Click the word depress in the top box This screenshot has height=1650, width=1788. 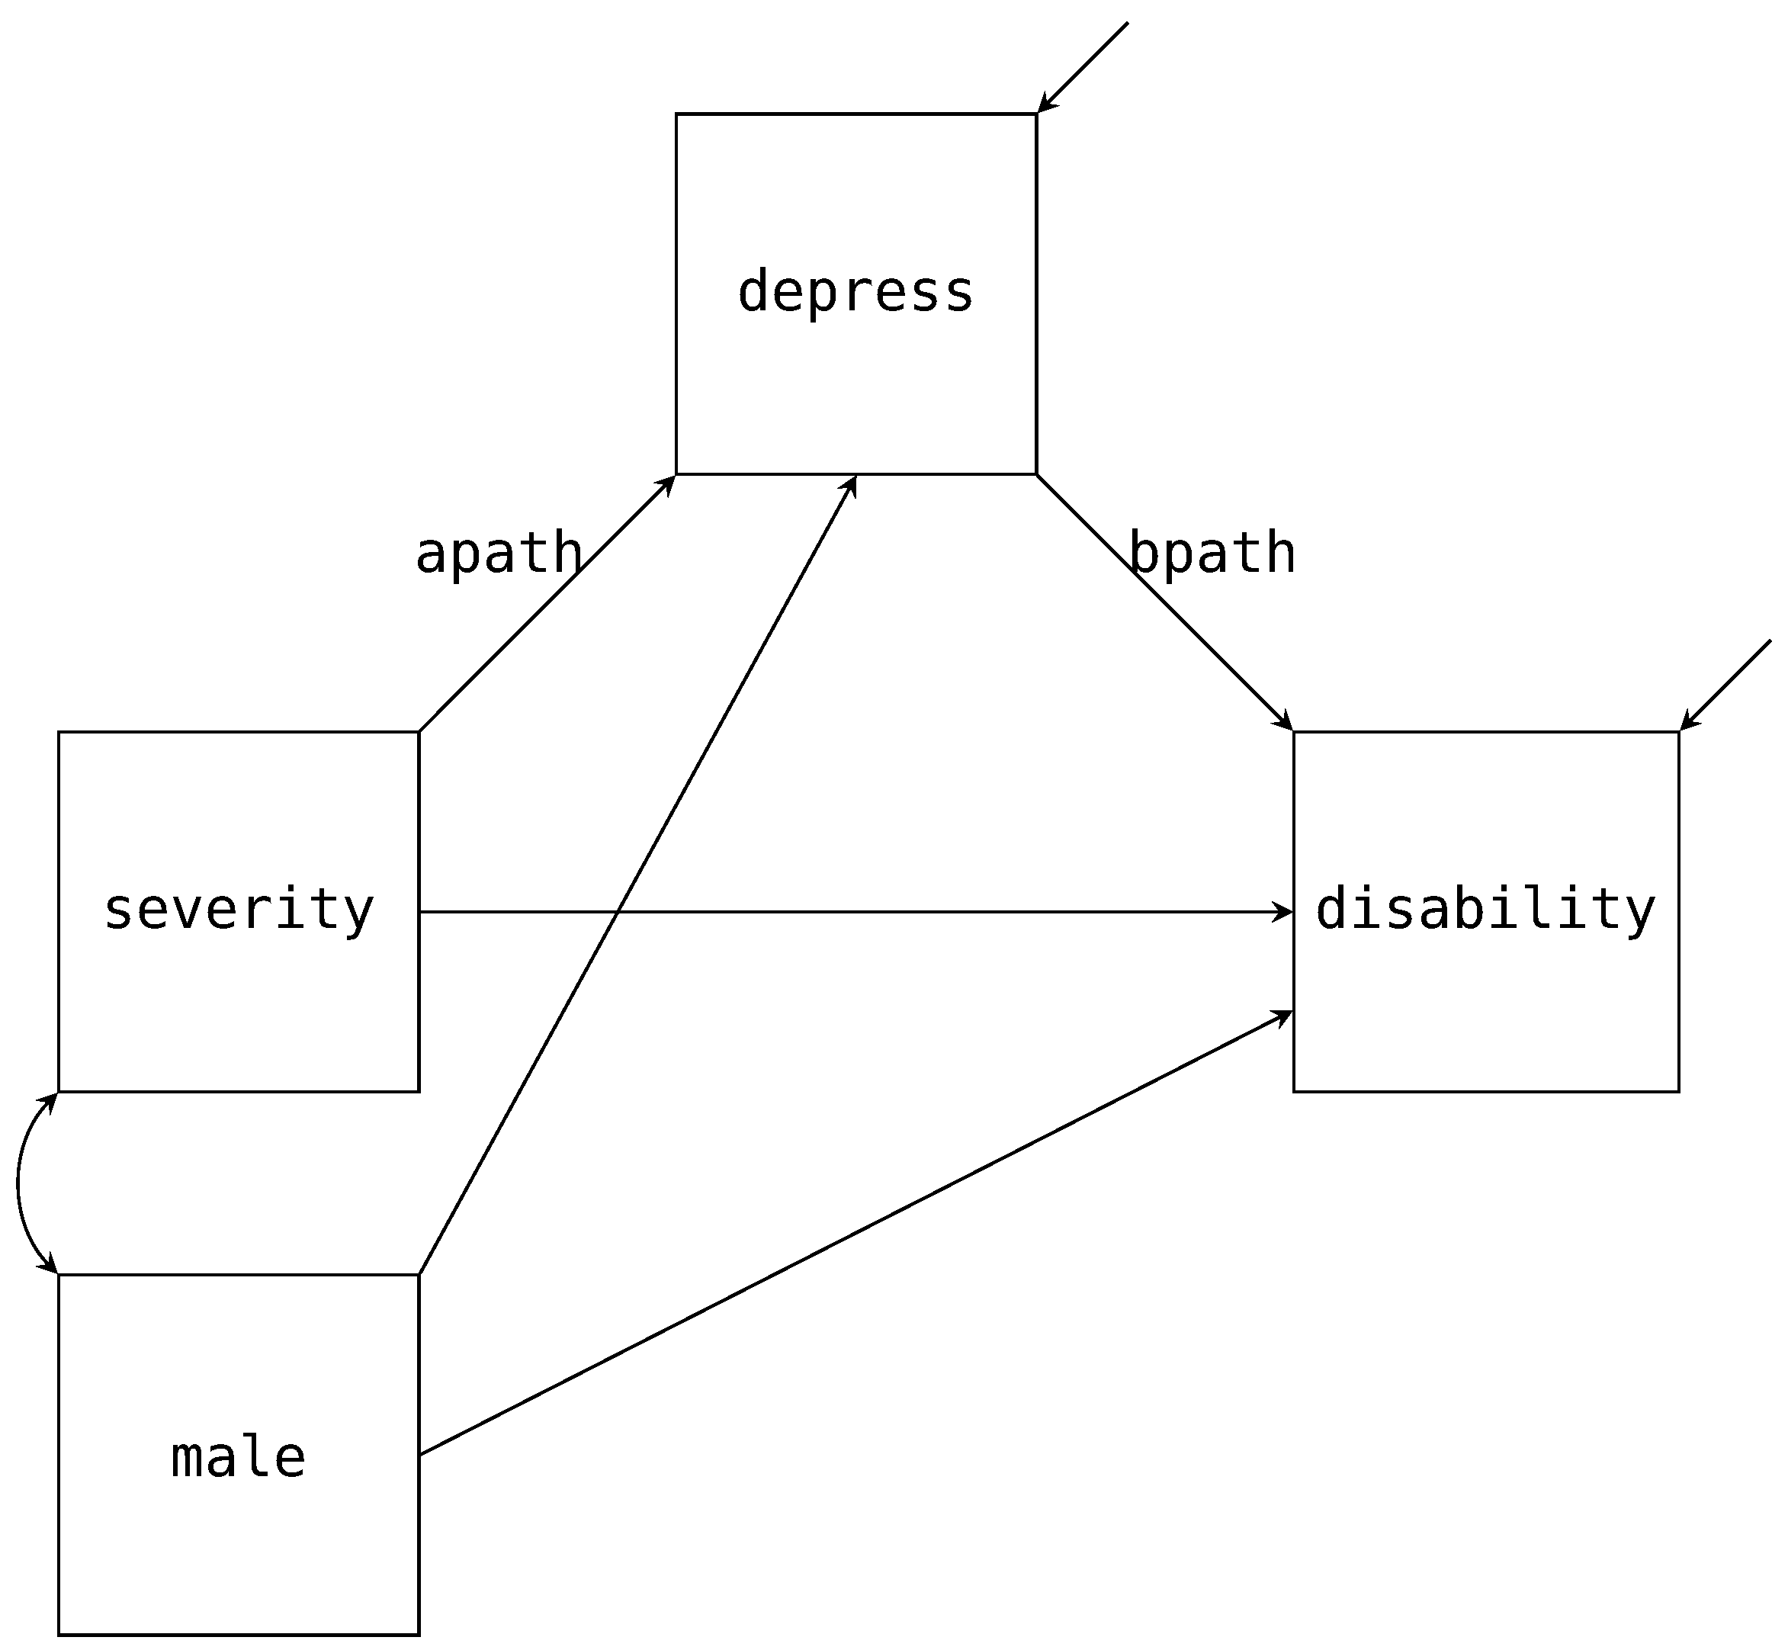pos(855,293)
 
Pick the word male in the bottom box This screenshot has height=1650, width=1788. pos(239,1458)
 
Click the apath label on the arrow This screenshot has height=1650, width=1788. pos(499,553)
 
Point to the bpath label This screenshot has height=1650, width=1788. pos(1212,553)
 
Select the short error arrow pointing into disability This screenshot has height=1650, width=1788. pos(1725,685)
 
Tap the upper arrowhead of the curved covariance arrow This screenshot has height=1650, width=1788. pos(51,1101)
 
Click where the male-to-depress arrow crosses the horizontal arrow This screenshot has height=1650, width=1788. pos(618,912)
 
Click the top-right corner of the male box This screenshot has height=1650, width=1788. pos(419,1274)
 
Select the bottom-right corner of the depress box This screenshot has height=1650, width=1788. pos(1036,474)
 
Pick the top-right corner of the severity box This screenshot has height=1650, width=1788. pos(419,732)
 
